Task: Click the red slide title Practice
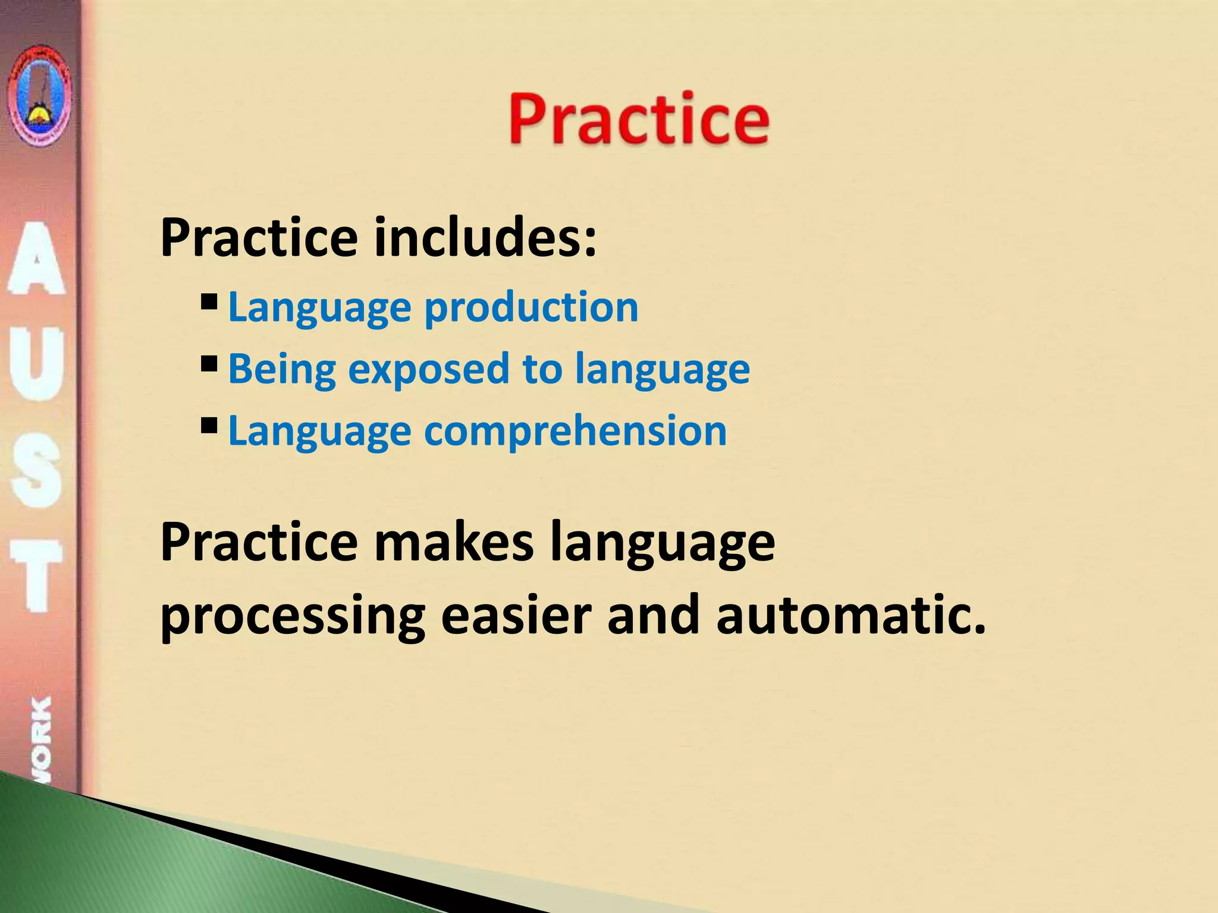[639, 119]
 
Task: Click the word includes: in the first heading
[485, 238]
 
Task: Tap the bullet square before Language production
[209, 302]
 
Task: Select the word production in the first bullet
[531, 308]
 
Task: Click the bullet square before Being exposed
[209, 363]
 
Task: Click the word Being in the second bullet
[282, 370]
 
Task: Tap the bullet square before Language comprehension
[209, 425]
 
